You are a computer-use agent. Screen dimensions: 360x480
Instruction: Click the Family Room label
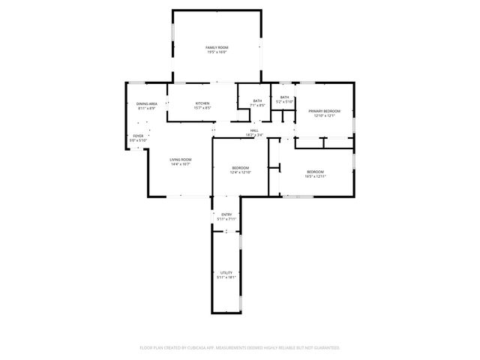coord(217,48)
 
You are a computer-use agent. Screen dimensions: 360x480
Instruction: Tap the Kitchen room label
coord(202,103)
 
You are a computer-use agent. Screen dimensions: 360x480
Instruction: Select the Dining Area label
coord(146,103)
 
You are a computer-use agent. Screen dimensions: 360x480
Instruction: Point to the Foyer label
coord(138,136)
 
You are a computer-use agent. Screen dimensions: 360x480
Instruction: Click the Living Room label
coord(180,159)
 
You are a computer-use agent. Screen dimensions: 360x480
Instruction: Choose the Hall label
coord(254,130)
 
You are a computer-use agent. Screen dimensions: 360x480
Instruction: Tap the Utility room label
coord(226,272)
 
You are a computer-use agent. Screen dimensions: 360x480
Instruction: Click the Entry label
coord(226,214)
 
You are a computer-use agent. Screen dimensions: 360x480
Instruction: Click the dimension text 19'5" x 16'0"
coord(217,52)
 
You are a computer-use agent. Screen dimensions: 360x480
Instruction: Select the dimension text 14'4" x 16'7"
coord(180,163)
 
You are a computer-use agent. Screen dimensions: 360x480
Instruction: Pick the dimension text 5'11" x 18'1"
coord(226,277)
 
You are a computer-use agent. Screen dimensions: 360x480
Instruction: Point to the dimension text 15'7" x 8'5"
coord(202,108)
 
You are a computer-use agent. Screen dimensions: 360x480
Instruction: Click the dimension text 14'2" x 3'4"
coord(254,135)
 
